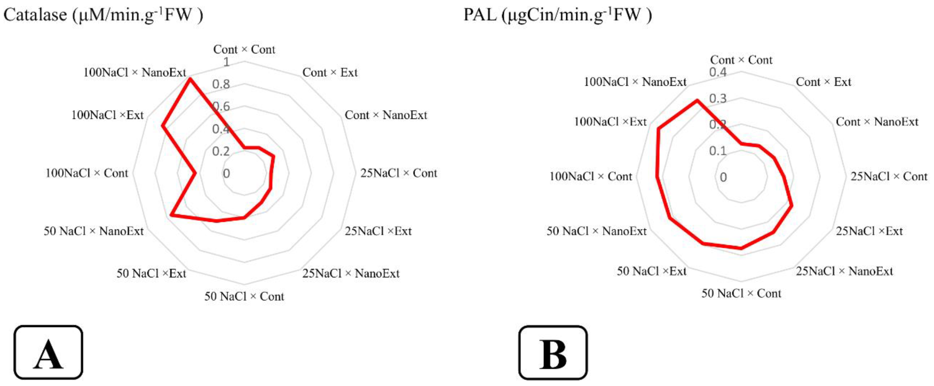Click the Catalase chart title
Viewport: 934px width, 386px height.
[103, 15]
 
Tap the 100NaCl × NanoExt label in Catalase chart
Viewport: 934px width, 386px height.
[135, 73]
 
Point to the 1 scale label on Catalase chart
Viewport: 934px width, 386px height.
[226, 62]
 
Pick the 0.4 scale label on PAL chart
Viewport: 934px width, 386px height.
[718, 72]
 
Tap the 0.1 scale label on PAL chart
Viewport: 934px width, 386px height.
[718, 151]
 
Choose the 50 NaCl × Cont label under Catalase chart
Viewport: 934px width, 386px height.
[244, 296]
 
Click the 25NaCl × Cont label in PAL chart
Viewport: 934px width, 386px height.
[889, 177]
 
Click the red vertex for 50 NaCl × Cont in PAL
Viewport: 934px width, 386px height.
[741, 248]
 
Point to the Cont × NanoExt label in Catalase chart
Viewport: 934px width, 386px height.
[386, 115]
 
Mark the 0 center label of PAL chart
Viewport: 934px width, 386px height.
[723, 177]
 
